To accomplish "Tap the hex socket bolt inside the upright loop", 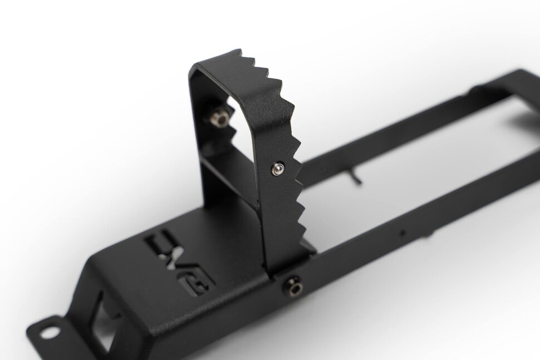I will click(x=220, y=117).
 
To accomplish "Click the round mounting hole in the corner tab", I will click(x=51, y=333).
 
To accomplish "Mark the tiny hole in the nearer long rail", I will click(x=404, y=232).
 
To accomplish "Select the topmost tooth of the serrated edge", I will click(x=239, y=54).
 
